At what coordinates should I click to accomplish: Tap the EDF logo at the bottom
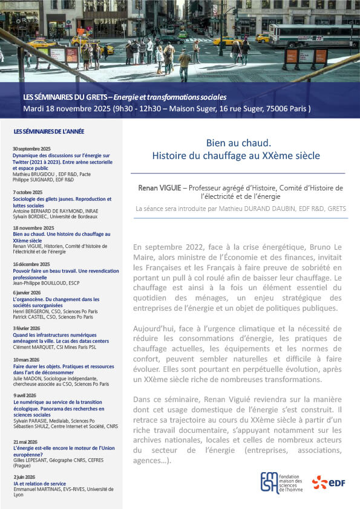(327, 482)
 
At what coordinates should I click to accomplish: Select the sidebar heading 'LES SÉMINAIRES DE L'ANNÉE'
(49, 131)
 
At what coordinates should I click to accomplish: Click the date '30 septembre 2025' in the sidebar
(31, 149)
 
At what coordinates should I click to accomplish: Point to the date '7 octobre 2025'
(27, 192)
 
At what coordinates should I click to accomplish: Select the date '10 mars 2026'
(27, 360)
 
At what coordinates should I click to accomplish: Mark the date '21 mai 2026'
(25, 441)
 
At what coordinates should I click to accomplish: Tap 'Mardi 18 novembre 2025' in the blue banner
(68, 109)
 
